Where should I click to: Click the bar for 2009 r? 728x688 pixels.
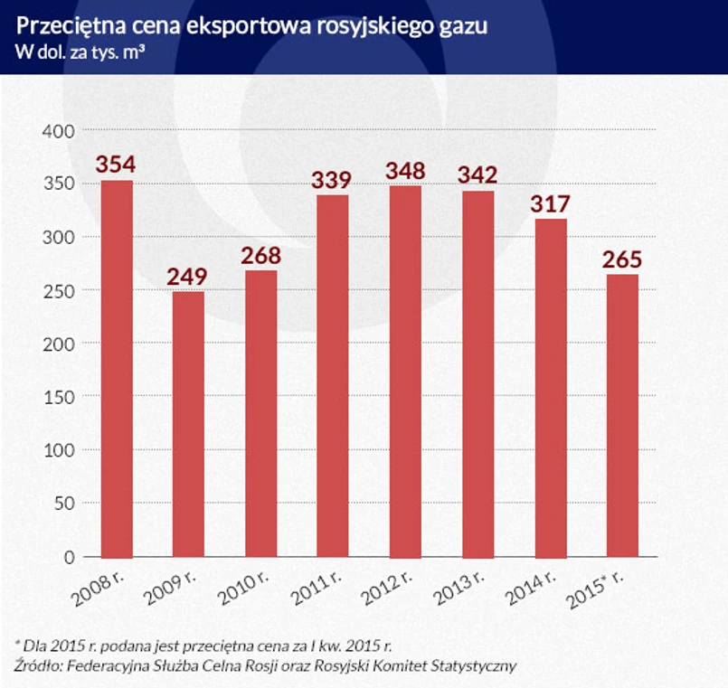[x=189, y=424]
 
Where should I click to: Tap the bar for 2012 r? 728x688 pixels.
[x=406, y=372]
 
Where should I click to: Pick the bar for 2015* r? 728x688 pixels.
[x=623, y=416]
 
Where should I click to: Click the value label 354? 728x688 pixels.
[x=116, y=164]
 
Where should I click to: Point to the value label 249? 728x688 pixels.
[x=188, y=276]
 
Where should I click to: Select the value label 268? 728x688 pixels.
[x=261, y=255]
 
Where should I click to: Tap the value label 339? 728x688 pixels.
[x=334, y=180]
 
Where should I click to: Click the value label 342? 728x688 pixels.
[x=478, y=175]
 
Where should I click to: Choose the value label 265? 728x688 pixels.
[x=623, y=259]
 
